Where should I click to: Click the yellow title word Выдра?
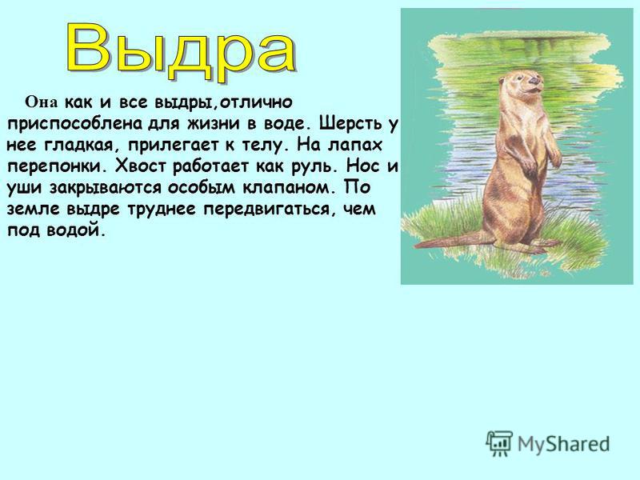pos(182,51)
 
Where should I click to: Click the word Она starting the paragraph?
pos(42,102)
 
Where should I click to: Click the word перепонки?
pos(54,166)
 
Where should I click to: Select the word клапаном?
pos(286,188)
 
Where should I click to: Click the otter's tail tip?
pos(416,246)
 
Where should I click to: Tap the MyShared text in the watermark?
pos(564,444)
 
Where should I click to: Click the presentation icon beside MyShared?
pos(499,443)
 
